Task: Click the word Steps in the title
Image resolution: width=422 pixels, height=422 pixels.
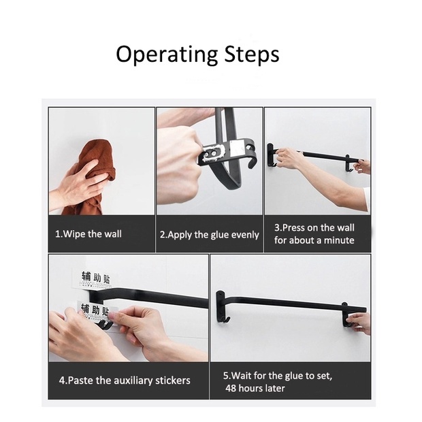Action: click(252, 54)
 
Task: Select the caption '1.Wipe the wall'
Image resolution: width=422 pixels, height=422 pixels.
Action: click(88, 234)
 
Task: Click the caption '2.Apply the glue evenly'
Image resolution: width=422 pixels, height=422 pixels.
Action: click(210, 235)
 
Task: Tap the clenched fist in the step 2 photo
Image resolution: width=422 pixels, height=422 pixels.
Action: click(179, 161)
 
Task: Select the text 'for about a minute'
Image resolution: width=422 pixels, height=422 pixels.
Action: click(314, 240)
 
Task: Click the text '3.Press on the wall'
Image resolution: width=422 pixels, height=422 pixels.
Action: click(314, 228)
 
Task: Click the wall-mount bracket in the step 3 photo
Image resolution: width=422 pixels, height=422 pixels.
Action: click(270, 156)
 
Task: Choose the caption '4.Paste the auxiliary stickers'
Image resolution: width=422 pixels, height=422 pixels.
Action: click(125, 380)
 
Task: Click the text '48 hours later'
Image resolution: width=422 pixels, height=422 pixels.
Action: click(255, 388)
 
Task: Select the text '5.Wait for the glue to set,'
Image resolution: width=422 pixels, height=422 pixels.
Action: click(278, 376)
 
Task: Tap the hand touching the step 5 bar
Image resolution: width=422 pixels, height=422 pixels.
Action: click(358, 323)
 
